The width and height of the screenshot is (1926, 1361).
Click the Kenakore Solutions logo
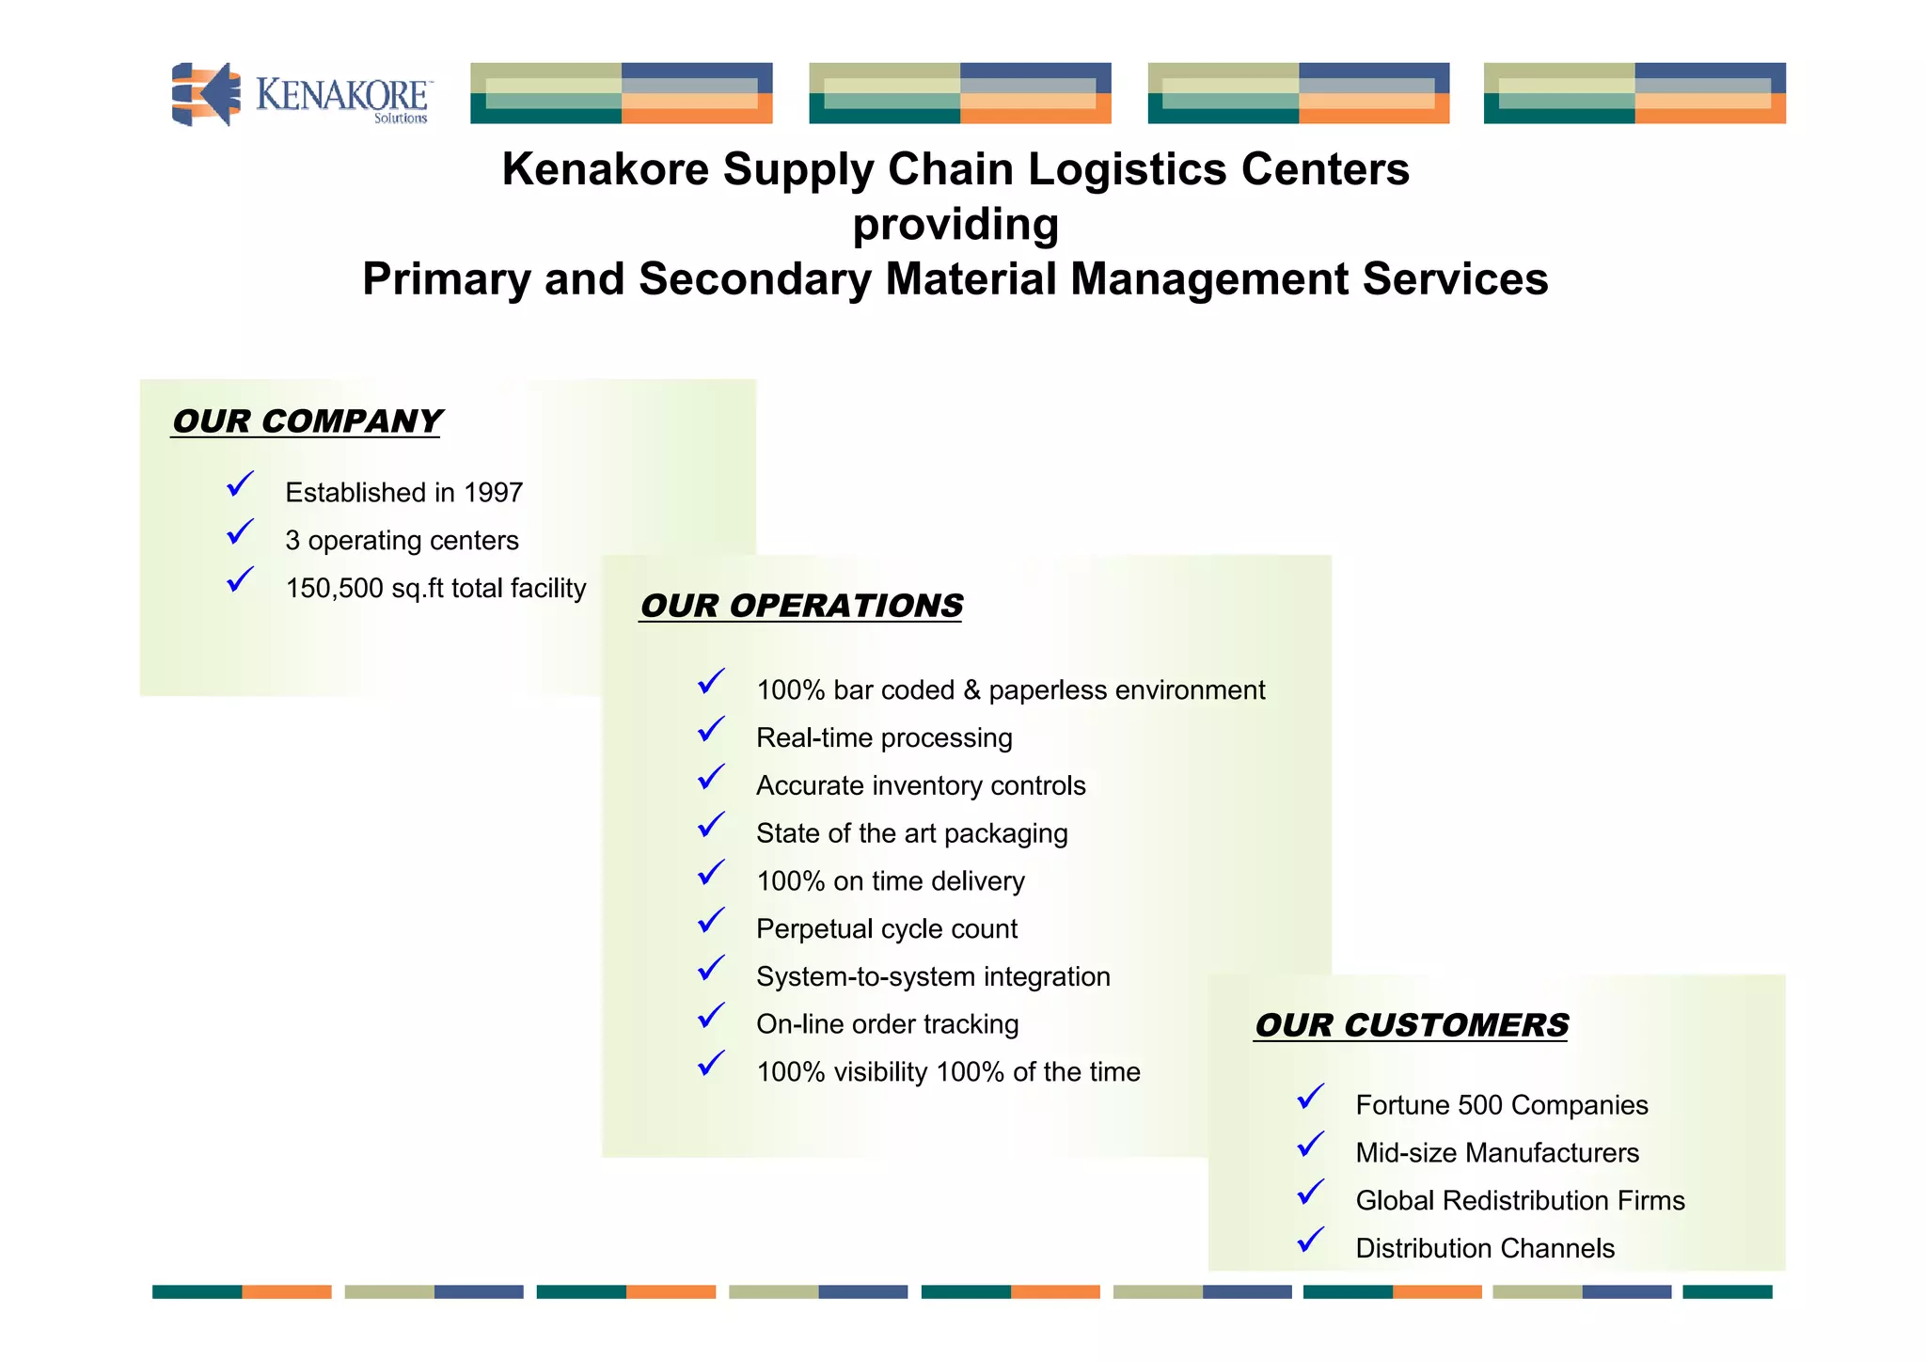click(301, 94)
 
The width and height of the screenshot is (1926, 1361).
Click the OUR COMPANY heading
click(307, 421)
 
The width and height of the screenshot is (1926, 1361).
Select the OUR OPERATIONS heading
click(801, 606)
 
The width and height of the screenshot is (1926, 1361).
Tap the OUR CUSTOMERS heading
click(1412, 1025)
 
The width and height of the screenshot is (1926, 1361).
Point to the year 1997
click(493, 492)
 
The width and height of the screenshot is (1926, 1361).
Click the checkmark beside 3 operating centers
click(241, 533)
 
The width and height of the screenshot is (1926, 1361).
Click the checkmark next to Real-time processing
click(712, 731)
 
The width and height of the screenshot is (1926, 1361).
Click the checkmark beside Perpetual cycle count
click(712, 922)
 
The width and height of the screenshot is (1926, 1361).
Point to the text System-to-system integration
click(933, 976)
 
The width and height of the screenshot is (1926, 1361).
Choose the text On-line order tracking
click(887, 1024)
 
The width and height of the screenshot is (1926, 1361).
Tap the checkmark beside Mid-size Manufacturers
click(1311, 1146)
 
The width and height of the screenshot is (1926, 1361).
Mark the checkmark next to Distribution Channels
click(1311, 1242)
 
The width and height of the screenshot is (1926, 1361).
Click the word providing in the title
click(955, 225)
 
